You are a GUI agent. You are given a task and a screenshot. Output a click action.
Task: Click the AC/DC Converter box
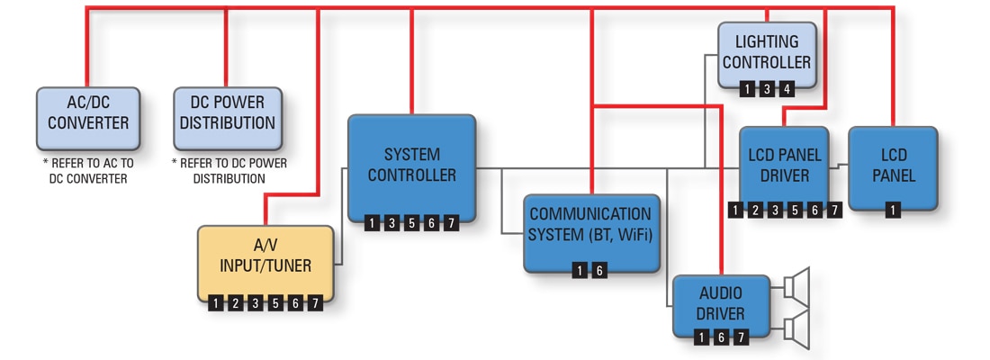coord(87,118)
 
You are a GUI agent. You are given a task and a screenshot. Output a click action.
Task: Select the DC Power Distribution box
coord(227,118)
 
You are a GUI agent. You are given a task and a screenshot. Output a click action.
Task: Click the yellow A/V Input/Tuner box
coord(265,261)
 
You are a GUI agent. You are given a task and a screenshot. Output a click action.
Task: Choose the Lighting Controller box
coord(767,54)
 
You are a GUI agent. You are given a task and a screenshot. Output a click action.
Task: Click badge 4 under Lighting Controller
coord(787,89)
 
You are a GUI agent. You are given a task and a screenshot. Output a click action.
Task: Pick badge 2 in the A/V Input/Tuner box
coord(236,303)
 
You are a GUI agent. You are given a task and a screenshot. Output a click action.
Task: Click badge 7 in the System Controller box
coord(451,223)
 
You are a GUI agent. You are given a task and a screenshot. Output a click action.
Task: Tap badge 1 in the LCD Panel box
coord(892,211)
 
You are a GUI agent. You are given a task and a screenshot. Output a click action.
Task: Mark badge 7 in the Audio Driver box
coord(741,337)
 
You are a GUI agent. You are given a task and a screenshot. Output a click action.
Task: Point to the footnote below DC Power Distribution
coord(229,171)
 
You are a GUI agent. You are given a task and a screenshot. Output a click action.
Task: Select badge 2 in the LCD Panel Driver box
coord(756,211)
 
